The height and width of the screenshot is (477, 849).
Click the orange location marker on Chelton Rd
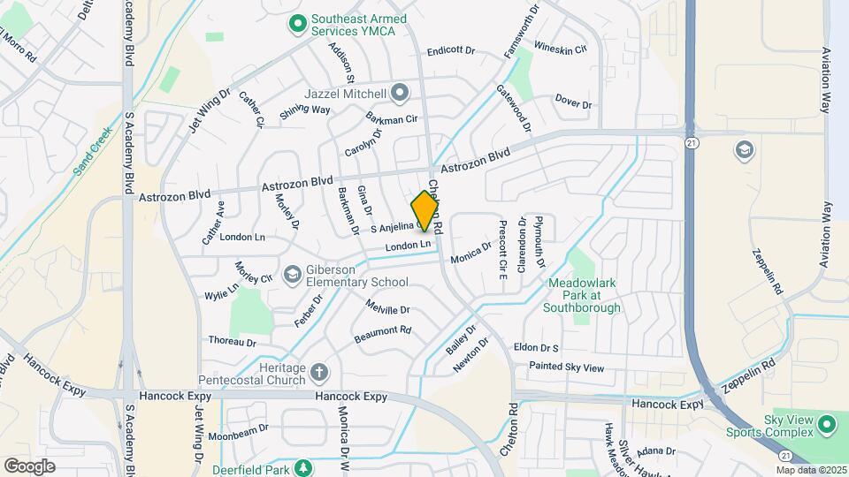coord(425,210)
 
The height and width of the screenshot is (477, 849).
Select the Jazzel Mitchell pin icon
coord(400,93)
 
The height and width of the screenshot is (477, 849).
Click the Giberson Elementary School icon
coord(291,276)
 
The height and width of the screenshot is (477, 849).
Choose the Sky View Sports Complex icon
coord(828,425)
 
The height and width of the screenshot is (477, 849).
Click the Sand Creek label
coord(90,155)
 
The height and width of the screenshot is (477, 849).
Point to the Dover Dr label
coord(574,102)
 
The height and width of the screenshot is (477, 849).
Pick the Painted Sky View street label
coord(566,367)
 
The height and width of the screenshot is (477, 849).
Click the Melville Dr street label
coord(386,308)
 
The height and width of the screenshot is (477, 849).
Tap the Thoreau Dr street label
coord(232,341)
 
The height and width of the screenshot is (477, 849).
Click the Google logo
coord(29,466)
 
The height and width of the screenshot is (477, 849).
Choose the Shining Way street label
coord(304,110)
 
